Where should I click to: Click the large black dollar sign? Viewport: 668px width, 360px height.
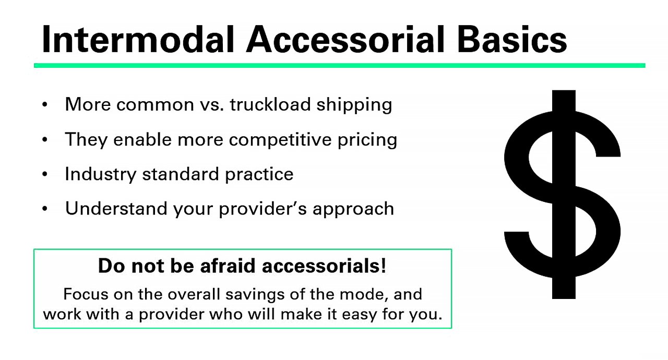[x=563, y=195]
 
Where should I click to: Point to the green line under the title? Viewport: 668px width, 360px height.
[x=339, y=66]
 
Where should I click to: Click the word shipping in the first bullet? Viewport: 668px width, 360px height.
[x=354, y=105]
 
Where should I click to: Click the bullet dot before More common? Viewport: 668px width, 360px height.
[x=45, y=105]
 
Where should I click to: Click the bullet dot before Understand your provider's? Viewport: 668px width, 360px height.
[x=45, y=209]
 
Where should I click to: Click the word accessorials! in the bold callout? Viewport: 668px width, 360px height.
[x=324, y=266]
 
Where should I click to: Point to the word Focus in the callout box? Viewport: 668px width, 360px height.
[x=86, y=294]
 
